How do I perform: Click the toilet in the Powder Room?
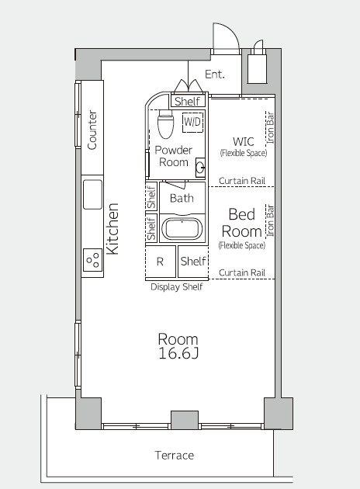(x=165, y=124)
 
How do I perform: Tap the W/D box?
(x=192, y=122)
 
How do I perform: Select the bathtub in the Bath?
(x=182, y=229)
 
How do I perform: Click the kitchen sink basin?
(x=92, y=195)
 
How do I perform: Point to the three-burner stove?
(x=92, y=260)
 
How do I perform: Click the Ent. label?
(x=214, y=75)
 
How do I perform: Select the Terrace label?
(x=175, y=456)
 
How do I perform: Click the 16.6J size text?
(x=178, y=353)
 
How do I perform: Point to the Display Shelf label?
(x=176, y=286)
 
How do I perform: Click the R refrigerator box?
(x=160, y=262)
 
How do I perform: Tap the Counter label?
(x=92, y=130)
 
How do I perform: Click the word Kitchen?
(x=112, y=229)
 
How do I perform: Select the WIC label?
(x=244, y=141)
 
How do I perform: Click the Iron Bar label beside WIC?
(x=270, y=128)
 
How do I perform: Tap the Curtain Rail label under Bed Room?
(x=242, y=272)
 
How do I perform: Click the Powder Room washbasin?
(x=200, y=168)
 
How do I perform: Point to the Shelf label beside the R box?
(x=193, y=261)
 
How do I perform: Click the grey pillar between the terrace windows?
(x=185, y=420)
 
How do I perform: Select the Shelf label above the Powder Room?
(x=187, y=101)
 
